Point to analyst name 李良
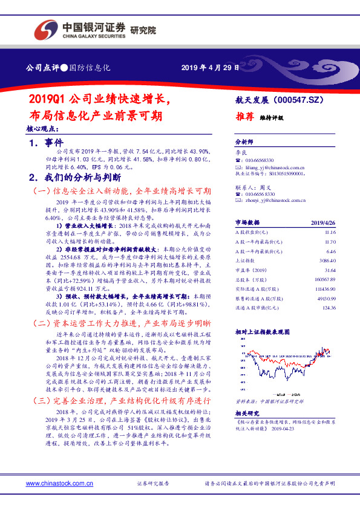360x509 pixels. (241, 155)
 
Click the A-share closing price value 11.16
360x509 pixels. (330, 232)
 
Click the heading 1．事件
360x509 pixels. (47, 143)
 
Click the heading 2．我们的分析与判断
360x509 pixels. (76, 178)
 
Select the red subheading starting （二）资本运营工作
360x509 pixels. (121, 324)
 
